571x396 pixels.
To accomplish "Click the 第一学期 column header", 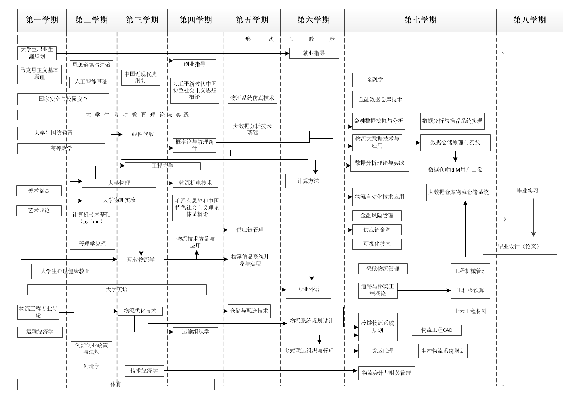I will pyautogui.click(x=42, y=20).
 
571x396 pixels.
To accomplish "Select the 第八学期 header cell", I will pyautogui.click(x=529, y=20).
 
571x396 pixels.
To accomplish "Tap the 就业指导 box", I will pyautogui.click(x=314, y=53).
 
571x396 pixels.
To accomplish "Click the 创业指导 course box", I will pyautogui.click(x=194, y=65).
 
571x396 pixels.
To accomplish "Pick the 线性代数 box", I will pyautogui.click(x=143, y=134).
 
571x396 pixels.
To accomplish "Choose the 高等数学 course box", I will pyautogui.click(x=61, y=149).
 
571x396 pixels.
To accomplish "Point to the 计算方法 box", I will pyautogui.click(x=308, y=181).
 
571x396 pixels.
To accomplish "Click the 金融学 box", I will pyautogui.click(x=375, y=80).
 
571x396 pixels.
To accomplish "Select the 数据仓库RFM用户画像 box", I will pyautogui.click(x=455, y=170).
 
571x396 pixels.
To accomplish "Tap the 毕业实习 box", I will pyautogui.click(x=527, y=191).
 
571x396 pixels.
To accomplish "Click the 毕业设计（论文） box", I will pyautogui.click(x=519, y=246).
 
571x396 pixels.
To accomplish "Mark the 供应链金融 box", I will pyautogui.click(x=377, y=230).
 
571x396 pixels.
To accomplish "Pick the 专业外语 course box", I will pyautogui.click(x=308, y=290).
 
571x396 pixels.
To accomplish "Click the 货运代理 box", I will pyautogui.click(x=382, y=351).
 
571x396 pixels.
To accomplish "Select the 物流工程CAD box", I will pyautogui.click(x=436, y=330).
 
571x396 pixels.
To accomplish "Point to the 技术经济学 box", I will pyautogui.click(x=144, y=370).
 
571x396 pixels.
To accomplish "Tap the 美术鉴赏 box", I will pyautogui.click(x=39, y=191).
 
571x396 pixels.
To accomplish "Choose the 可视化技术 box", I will pyautogui.click(x=377, y=244).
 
